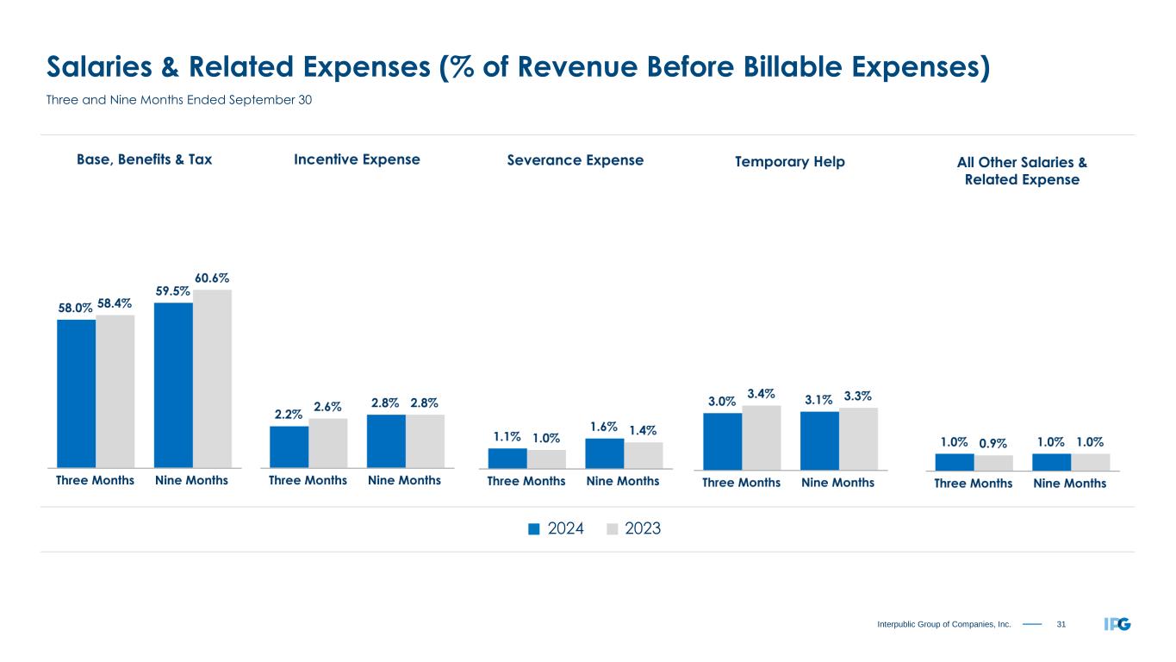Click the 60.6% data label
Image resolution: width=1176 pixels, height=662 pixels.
pyautogui.click(x=212, y=278)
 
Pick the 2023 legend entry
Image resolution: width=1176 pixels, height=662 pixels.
pyautogui.click(x=634, y=529)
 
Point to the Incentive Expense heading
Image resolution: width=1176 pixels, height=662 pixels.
pyautogui.click(x=357, y=159)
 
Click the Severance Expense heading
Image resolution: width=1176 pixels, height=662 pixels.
pyautogui.click(x=576, y=160)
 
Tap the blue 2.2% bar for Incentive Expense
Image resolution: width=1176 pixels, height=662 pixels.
pyautogui.click(x=289, y=446)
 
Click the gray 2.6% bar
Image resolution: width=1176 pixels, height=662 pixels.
pyautogui.click(x=328, y=442)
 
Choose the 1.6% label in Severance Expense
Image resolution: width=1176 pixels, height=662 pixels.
pyautogui.click(x=604, y=426)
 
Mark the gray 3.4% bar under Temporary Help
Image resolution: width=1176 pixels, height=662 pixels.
pyautogui.click(x=762, y=436)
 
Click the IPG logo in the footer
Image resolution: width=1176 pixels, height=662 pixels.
pyautogui.click(x=1117, y=623)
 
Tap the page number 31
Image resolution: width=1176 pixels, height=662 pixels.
pyautogui.click(x=1061, y=624)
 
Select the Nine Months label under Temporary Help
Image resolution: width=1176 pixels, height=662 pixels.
pyautogui.click(x=837, y=484)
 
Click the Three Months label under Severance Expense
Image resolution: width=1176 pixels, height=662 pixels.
pyautogui.click(x=526, y=481)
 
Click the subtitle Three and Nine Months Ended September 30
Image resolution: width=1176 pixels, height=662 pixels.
pyautogui.click(x=179, y=100)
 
